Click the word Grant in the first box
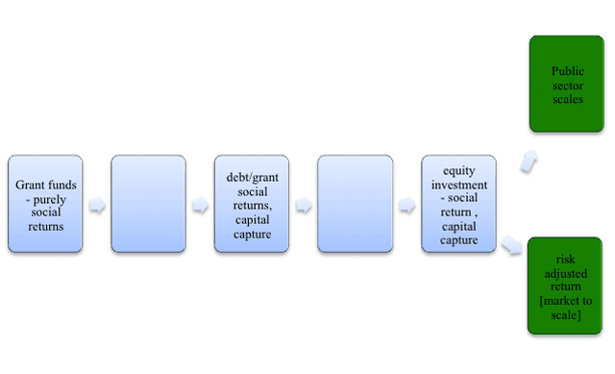[x=30, y=185]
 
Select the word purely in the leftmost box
[x=49, y=200]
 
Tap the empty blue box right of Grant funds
[x=148, y=204]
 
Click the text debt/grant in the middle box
[x=252, y=177]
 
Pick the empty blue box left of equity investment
[x=355, y=204]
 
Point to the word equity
[x=459, y=171]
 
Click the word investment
[x=459, y=185]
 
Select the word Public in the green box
[x=568, y=71]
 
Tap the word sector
[x=568, y=86]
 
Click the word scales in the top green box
[x=568, y=99]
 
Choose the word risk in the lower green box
[x=566, y=259]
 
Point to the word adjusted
[x=566, y=273]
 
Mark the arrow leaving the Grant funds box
[x=97, y=205]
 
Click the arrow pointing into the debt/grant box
[x=201, y=205]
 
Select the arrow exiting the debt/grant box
[x=304, y=205]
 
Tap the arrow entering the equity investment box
[x=407, y=205]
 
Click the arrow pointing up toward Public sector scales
[x=529, y=161]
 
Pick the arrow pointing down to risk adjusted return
[x=511, y=244]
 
